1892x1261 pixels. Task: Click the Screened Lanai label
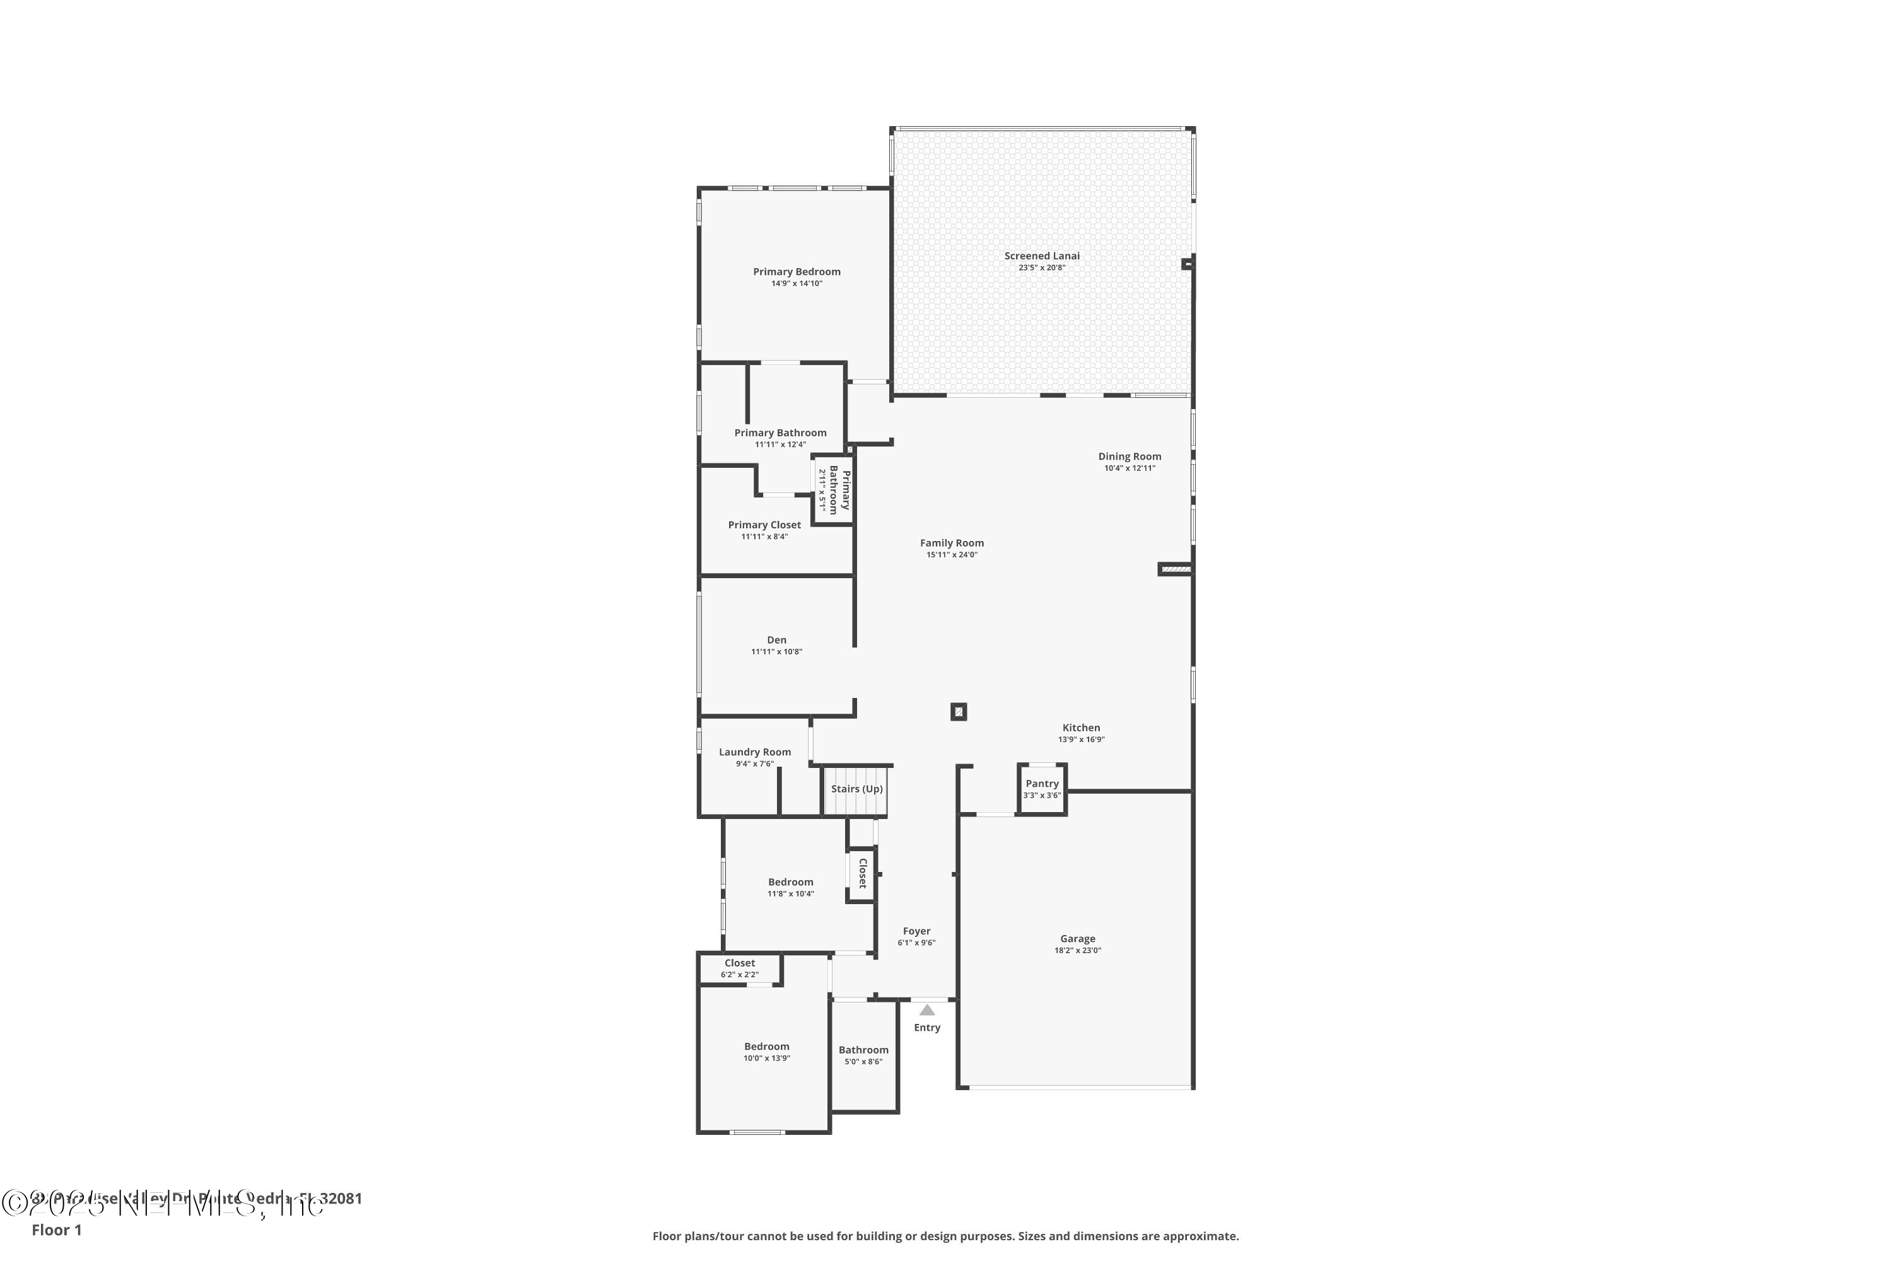[x=1042, y=256]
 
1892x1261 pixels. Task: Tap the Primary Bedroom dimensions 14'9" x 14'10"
[x=797, y=284]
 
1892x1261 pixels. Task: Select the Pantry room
[x=1042, y=789]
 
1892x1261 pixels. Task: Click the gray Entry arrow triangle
[x=926, y=1010]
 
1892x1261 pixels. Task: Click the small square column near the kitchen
[x=958, y=712]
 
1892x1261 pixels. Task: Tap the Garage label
[x=1077, y=939]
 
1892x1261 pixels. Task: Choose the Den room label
[x=776, y=640]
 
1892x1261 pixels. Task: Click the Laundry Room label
[x=754, y=752]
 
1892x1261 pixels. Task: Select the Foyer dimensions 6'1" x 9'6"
[x=916, y=943]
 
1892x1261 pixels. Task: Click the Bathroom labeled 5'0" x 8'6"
[x=863, y=1054]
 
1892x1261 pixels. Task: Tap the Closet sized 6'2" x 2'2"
[x=739, y=968]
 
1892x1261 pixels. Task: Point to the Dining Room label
[x=1130, y=456]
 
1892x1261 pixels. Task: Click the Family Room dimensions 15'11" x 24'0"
[x=952, y=555]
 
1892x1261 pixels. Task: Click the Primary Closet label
[x=764, y=525]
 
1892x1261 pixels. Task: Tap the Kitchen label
[x=1080, y=728]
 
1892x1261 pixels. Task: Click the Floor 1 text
[x=56, y=1229]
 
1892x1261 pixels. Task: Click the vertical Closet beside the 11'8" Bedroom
[x=861, y=873]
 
